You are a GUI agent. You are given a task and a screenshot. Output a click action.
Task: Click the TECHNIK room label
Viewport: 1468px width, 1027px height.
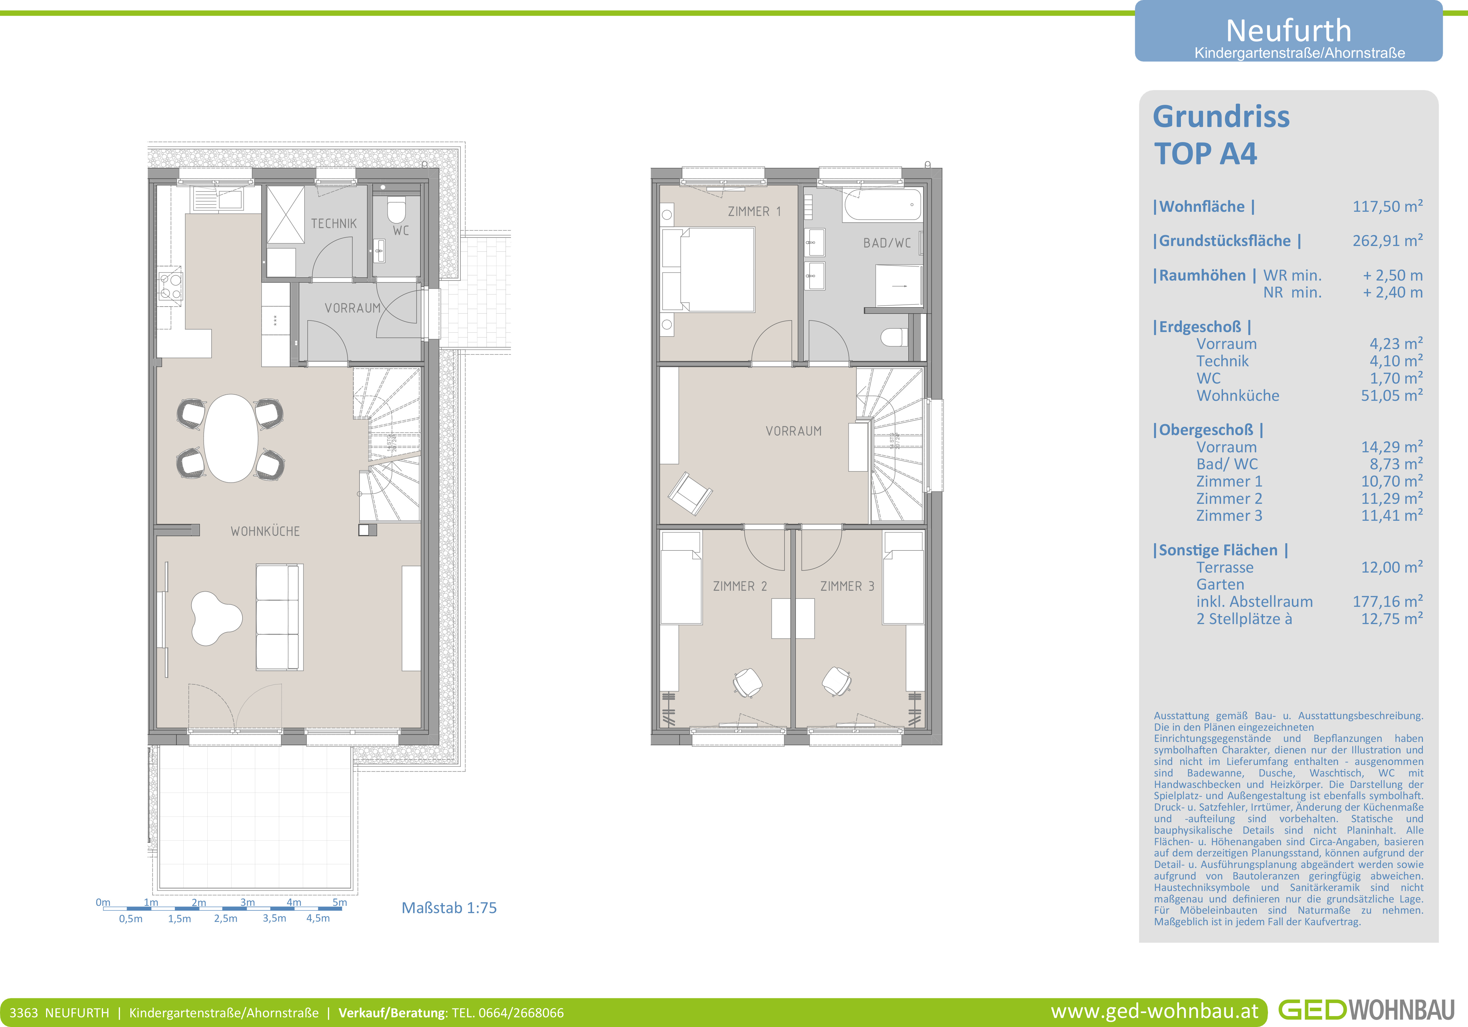pos(334,224)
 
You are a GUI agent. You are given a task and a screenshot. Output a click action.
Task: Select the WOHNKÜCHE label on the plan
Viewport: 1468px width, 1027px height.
pos(265,531)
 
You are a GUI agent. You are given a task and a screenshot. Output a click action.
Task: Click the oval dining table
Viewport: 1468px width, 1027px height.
pos(231,438)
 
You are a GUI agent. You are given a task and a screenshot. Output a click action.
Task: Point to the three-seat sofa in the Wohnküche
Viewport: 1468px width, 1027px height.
pos(279,617)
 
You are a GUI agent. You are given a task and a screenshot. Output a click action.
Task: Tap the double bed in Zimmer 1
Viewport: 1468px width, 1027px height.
pos(708,270)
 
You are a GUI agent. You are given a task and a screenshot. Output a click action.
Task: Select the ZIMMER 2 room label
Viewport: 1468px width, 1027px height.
pos(740,586)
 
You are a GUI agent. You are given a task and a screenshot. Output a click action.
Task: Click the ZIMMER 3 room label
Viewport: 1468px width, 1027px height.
pos(847,586)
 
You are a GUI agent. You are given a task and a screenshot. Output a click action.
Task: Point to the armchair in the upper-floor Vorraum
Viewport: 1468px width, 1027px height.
pos(690,493)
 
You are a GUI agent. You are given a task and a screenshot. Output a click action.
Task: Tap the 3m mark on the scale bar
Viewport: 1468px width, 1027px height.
pos(247,902)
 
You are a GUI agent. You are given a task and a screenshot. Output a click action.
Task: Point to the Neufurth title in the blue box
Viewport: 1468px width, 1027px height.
pos(1288,30)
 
